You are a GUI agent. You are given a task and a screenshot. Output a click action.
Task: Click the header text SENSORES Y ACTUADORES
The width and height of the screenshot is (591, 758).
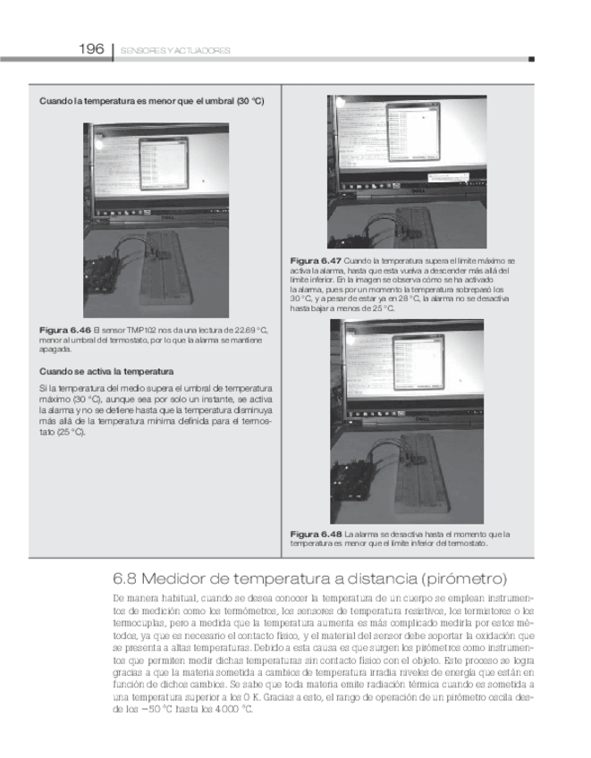point(175,51)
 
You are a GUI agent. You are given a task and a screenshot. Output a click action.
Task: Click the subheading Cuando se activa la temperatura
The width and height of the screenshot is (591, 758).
point(106,370)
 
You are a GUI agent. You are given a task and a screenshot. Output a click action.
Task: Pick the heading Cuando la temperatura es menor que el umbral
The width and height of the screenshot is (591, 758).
point(151,101)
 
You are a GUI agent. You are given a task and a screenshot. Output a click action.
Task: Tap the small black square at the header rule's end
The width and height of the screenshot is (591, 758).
point(531,59)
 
